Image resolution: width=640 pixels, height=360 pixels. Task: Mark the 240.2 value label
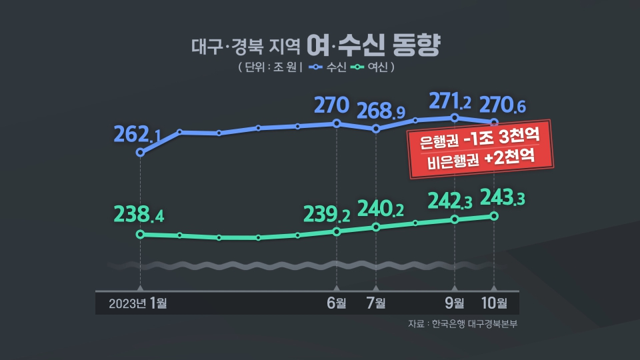coord(381,209)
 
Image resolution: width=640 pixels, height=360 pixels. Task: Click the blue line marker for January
coord(139,153)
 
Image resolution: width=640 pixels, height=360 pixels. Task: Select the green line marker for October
coord(494,215)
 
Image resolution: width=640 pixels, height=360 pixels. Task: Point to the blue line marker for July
coord(376,129)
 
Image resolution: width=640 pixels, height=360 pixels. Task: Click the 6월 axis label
coord(337,303)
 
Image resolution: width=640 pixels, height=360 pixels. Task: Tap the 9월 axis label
coord(455,303)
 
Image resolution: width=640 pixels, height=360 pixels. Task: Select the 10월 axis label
coord(494,303)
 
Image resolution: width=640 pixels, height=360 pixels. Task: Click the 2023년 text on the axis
coord(128,303)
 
